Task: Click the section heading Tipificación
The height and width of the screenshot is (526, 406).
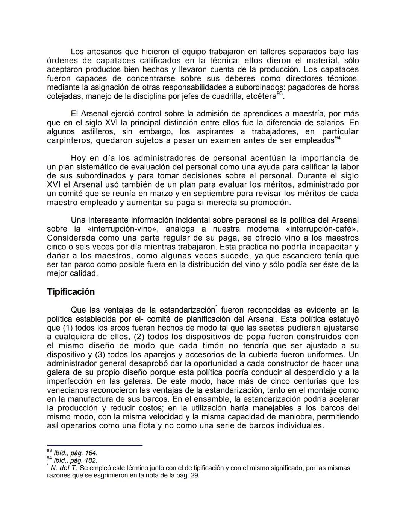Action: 71,292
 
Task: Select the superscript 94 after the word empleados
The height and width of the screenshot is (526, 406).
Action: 338,138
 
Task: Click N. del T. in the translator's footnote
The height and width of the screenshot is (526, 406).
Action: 64,468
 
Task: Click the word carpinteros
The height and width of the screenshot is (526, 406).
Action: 69,141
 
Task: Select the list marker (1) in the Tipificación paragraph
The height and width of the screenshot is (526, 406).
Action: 68,328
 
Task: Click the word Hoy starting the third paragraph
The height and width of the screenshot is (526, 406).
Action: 78,158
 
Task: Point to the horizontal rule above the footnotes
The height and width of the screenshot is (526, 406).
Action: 94,446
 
